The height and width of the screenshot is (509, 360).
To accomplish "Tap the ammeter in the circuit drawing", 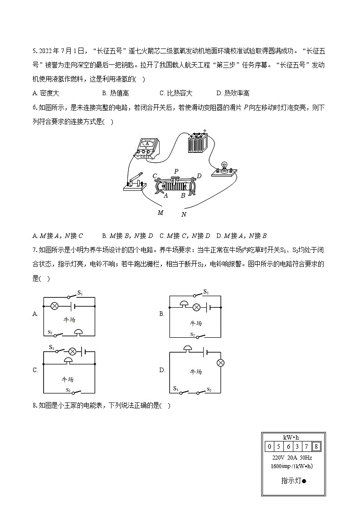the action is click(146, 146).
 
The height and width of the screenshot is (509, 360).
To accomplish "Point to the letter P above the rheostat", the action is click(176, 171).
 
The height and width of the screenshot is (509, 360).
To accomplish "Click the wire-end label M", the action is click(160, 212).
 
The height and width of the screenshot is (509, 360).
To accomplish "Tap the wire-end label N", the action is click(184, 214).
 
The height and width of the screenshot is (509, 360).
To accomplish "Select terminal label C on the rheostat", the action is click(155, 176).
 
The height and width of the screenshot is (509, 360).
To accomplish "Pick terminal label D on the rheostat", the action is click(199, 176).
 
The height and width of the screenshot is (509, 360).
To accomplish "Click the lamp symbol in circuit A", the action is click(54, 306).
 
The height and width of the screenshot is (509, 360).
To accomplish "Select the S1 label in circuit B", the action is click(206, 291).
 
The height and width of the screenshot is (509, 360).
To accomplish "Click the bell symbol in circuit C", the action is click(68, 360).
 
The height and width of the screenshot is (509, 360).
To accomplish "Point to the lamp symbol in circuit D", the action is click(221, 363).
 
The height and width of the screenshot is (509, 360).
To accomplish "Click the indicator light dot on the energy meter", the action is click(304, 481).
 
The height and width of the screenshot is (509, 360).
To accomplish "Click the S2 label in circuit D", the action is click(209, 389).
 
